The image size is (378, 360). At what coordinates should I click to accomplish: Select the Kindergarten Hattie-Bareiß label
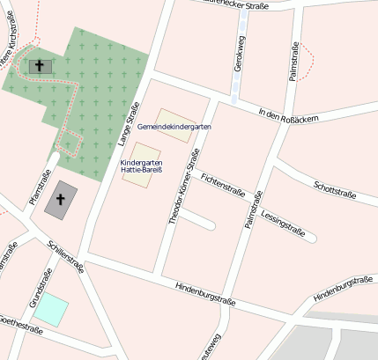(x=141, y=165)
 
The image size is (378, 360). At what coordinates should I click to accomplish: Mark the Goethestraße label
(x=19, y=323)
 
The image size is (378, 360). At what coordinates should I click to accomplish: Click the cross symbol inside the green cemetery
(x=38, y=65)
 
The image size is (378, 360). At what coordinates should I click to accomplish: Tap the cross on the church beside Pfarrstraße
(x=61, y=199)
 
